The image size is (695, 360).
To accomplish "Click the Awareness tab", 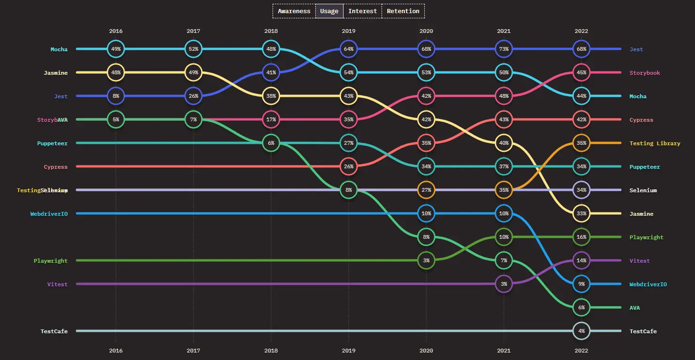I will point(294,11).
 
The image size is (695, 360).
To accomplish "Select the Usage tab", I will point(329,11).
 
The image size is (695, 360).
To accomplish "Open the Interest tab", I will point(362,11).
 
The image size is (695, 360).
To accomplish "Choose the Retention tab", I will point(403,11).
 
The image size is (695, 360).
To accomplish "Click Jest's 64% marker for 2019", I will point(349,49).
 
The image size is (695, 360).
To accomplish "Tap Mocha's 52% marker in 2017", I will point(193,49).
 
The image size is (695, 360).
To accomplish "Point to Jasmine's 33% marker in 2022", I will point(581,213).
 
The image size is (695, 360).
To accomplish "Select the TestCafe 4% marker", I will point(581,331).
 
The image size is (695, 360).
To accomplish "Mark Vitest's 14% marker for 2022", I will point(581,260).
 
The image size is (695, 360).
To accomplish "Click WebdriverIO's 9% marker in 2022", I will point(581,284).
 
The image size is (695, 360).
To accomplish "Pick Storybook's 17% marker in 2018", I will point(271,119).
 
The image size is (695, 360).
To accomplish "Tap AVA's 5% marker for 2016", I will point(116,119).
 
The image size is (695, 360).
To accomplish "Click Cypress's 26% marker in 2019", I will point(349,166).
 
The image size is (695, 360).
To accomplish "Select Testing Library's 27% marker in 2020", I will point(426,190).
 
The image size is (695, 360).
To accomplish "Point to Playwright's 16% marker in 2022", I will point(581,237).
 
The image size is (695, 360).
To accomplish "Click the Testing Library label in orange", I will point(655,143).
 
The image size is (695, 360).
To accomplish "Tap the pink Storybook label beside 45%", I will point(645,73).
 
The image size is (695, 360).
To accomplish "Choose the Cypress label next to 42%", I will point(641,120).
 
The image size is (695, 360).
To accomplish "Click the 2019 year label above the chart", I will point(349,31).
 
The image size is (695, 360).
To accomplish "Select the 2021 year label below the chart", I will point(504,351).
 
